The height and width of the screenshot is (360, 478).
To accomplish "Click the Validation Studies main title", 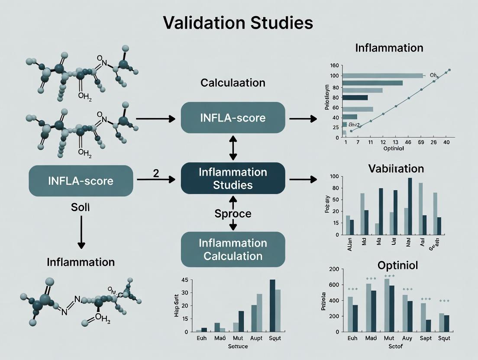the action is point(239,23).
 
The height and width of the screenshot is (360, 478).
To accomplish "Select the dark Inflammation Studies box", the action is point(233,178).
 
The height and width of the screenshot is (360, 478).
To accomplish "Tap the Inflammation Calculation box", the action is point(233,249).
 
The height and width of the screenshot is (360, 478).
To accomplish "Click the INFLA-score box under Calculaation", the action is point(233,118).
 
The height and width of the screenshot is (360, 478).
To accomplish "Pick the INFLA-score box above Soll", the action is point(81,180).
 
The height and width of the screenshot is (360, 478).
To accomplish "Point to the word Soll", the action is point(80,207).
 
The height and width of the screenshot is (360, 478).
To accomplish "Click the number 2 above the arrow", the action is point(156,172).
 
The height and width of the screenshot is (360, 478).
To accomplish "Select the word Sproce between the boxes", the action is point(233,214).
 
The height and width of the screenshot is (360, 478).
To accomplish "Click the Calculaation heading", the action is point(233,83).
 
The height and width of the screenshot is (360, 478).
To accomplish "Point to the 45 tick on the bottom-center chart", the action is point(184,280).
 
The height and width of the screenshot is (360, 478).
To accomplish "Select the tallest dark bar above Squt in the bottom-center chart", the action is point(272,305).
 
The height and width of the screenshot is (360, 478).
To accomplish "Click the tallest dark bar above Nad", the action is point(410,206).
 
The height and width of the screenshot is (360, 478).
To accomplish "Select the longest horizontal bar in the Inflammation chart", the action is point(382,76).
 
